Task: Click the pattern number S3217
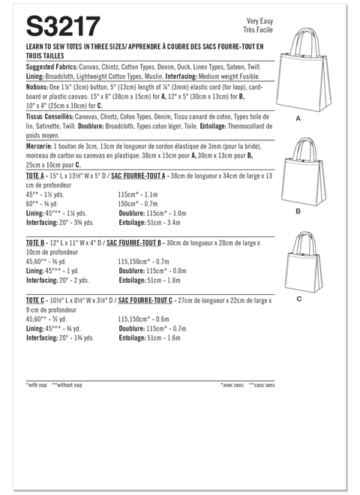tap(63, 28)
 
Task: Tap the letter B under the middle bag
tap(298, 212)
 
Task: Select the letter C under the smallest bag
tap(298, 298)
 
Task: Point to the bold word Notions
tap(37, 87)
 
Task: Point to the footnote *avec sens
tap(233, 385)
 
